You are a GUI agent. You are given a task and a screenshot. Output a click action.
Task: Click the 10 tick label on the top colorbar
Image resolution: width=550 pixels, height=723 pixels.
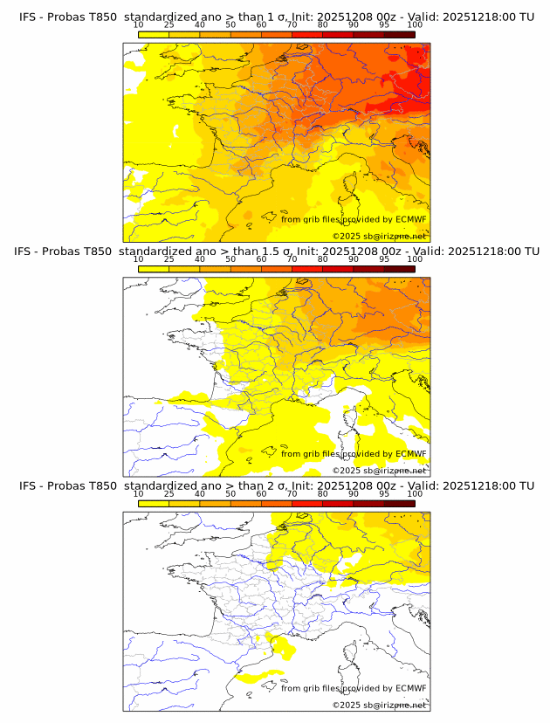point(139,24)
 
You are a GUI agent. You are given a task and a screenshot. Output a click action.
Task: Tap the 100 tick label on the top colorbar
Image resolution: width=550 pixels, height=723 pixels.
point(415,24)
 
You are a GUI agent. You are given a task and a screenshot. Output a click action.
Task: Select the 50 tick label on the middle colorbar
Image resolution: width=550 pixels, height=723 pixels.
point(230,258)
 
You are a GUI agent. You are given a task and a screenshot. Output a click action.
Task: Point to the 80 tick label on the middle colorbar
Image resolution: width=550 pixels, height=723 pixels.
point(323,258)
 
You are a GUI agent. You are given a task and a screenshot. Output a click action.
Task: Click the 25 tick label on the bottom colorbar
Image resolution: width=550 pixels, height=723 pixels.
point(169,493)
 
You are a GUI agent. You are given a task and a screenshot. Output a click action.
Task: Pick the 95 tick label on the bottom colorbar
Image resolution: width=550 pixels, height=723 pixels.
point(384,493)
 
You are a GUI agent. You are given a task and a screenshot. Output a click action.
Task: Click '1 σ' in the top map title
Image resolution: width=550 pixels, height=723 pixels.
point(279,16)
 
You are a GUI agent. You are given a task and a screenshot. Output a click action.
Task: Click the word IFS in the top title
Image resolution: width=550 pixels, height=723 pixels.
point(29,16)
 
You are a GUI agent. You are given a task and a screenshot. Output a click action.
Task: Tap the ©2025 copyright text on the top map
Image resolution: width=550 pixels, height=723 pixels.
point(347,237)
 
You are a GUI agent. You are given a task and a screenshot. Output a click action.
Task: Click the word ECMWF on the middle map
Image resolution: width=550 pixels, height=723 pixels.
point(410,454)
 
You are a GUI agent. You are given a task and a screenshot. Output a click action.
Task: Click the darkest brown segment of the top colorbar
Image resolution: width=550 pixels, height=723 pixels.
point(399,34)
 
